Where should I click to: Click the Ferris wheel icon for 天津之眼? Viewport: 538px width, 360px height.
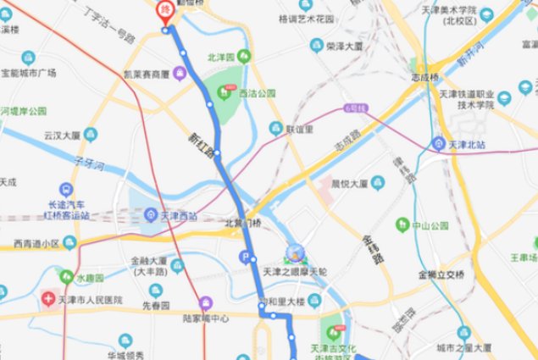296,252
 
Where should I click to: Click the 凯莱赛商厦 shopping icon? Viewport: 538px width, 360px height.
180,74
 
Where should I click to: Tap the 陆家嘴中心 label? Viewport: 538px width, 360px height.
208,318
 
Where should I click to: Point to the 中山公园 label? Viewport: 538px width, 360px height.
429,226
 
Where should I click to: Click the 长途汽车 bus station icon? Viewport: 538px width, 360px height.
67,190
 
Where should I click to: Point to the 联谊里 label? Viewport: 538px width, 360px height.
300,130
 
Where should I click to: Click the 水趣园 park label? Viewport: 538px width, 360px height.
87,278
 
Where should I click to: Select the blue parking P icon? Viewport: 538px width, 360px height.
247,258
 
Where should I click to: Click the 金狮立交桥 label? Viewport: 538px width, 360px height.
441,274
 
